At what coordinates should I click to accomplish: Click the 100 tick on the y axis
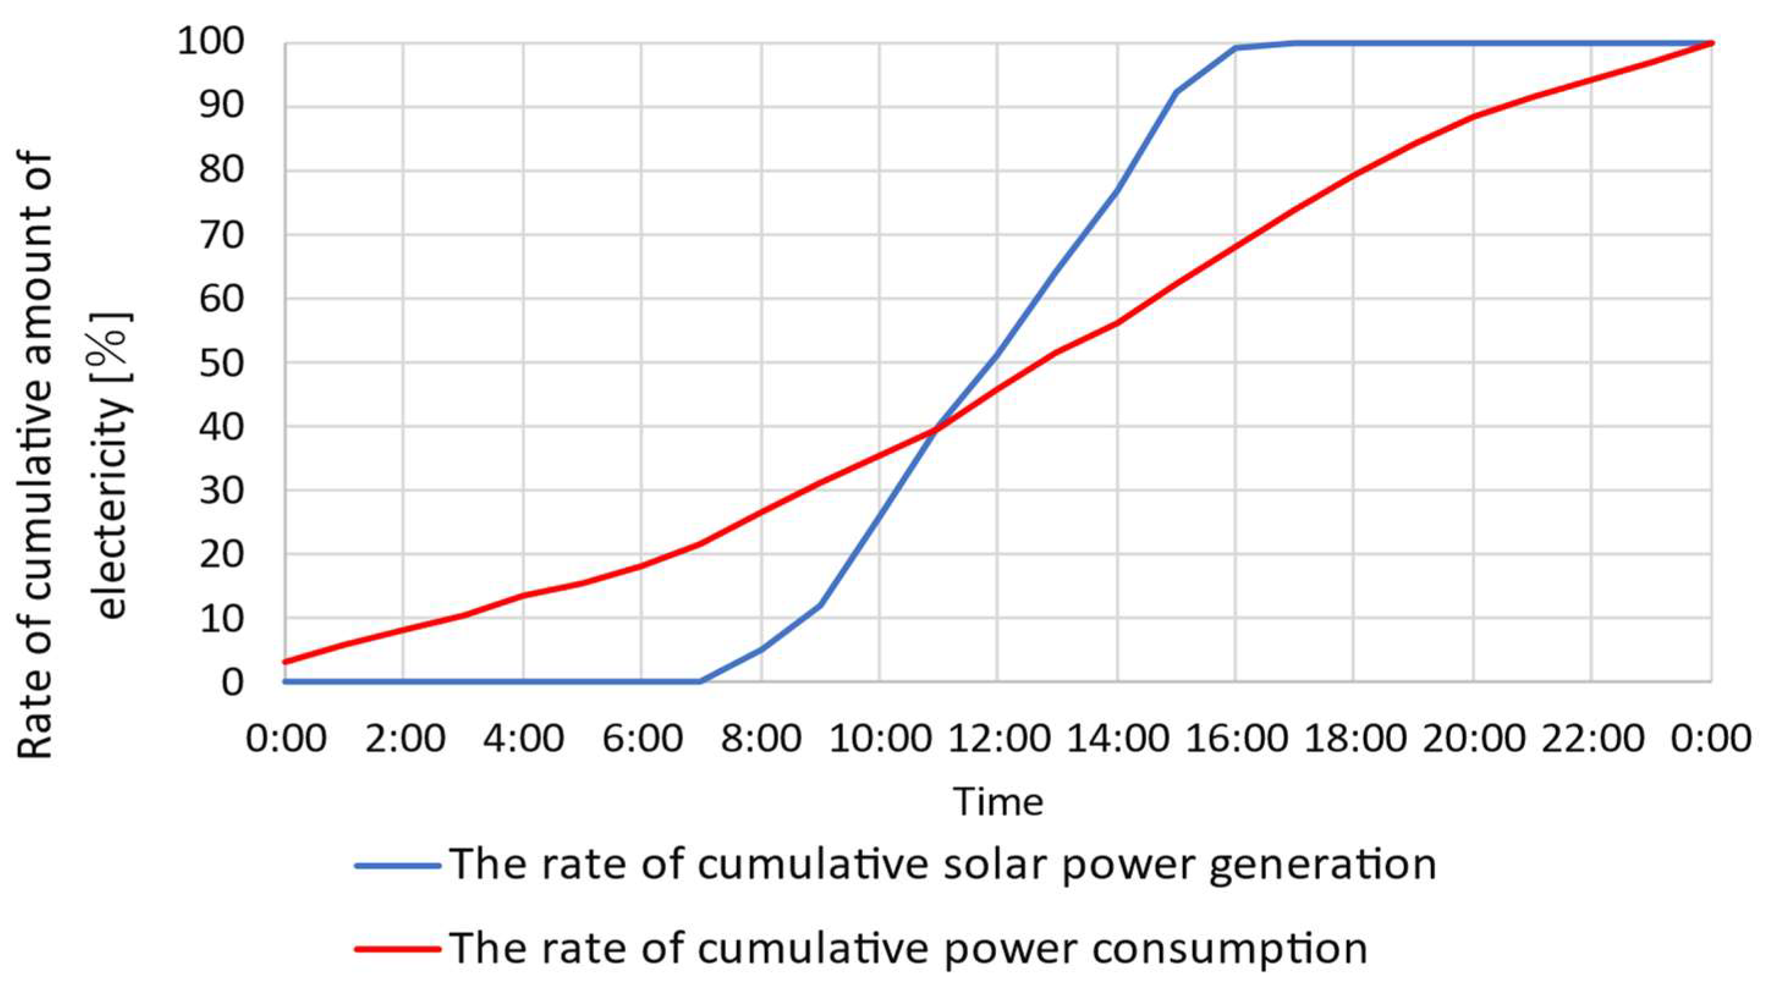pos(220,43)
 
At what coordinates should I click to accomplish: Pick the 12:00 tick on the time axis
pos(997,740)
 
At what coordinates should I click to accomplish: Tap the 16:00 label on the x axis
pos(1236,740)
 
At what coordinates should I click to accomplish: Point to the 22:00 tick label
pos(1592,740)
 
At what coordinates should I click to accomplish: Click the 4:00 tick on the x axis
pos(523,740)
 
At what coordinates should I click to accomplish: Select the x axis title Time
pos(997,801)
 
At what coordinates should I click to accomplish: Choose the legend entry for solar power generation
pos(943,864)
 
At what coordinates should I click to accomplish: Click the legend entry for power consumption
pos(909,948)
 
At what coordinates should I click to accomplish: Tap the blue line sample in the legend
pos(397,866)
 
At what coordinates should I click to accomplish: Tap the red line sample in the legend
pos(397,949)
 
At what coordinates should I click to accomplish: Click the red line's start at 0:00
pos(285,662)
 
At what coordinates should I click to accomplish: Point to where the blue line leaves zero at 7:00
pos(700,681)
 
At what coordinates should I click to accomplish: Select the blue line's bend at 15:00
pos(1176,92)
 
